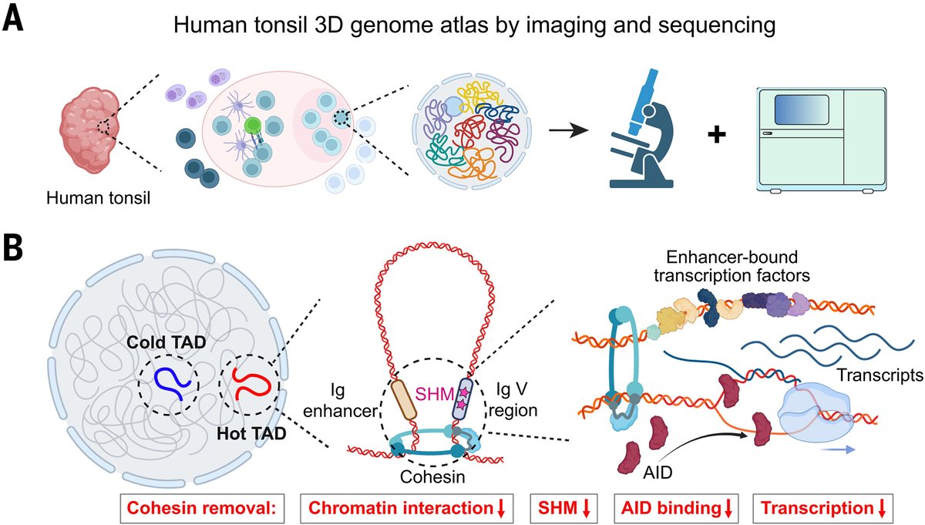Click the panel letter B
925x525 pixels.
13,247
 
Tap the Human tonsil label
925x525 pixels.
99,198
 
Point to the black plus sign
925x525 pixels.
717,135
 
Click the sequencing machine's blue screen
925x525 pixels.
802,109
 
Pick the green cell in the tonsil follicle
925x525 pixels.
252,125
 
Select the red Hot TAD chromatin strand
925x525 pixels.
251,384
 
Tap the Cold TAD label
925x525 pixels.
166,342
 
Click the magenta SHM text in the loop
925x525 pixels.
435,394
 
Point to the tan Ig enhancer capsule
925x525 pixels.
403,400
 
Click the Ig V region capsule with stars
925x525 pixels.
462,399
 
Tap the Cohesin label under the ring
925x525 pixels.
432,476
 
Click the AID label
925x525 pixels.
658,473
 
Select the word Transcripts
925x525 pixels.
880,375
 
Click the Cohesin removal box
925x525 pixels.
202,508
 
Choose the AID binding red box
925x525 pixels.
676,508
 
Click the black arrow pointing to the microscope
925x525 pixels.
569,130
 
